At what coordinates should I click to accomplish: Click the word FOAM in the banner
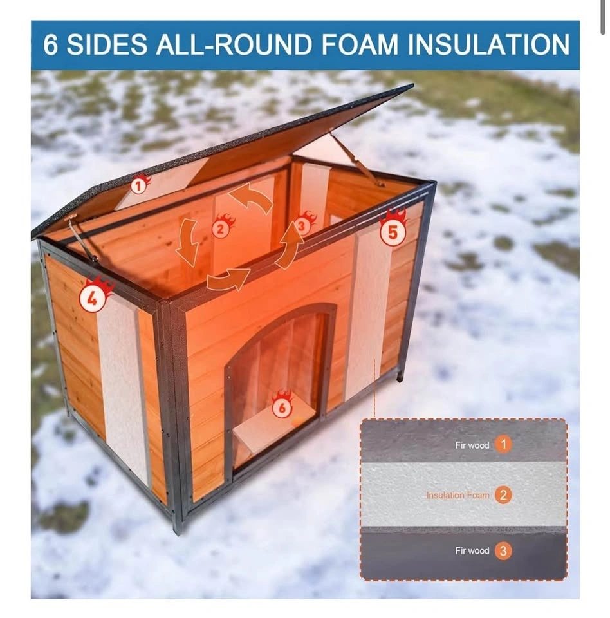coord(360,44)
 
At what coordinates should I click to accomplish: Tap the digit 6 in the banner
coord(50,44)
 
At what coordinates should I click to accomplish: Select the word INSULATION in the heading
coord(488,44)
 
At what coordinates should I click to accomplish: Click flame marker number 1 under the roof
coord(140,184)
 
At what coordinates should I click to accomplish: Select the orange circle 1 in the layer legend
coord(503,444)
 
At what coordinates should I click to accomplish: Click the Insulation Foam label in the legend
coord(458,495)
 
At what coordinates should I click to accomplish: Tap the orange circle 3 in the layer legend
coord(503,550)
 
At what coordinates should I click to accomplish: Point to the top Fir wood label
coord(472,445)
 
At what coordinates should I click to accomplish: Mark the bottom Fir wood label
coord(472,550)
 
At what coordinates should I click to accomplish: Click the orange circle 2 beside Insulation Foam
coord(503,495)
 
